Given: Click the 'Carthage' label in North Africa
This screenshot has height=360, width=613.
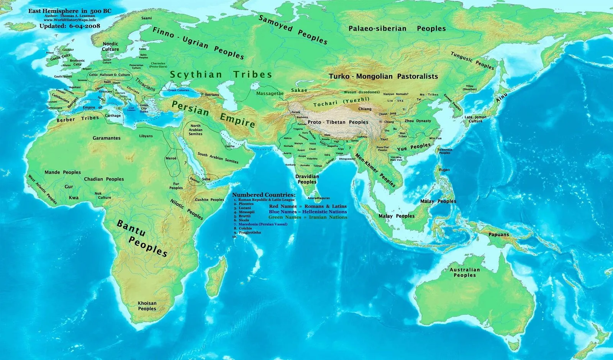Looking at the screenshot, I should tap(113, 115).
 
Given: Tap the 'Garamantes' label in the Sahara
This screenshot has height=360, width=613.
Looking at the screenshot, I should tap(107, 138).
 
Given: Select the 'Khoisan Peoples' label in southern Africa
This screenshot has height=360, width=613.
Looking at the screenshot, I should tap(147, 306).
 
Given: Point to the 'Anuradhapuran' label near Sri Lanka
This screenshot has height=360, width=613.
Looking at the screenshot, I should tap(318, 198).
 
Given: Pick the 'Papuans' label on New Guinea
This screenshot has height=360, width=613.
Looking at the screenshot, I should tap(498, 234).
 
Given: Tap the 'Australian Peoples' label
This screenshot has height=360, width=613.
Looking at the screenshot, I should tap(464, 272).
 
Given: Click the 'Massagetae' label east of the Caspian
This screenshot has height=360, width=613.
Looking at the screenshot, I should tap(270, 93).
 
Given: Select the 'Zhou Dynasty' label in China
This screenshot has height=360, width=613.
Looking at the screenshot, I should tap(418, 121).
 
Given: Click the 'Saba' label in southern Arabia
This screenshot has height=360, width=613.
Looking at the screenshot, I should tap(206, 179).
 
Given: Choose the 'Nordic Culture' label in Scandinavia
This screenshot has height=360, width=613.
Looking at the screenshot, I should tap(110, 46).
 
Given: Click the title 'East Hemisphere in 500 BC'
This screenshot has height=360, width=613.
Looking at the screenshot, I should tap(70, 11).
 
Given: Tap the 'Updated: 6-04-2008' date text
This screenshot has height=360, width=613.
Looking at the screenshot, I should tap(70, 26).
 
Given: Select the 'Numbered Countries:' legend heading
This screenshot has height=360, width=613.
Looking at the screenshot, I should tap(264, 195).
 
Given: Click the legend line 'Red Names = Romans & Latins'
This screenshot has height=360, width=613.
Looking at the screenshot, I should tap(308, 206).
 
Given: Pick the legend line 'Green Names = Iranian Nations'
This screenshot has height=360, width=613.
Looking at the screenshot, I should tap(308, 217).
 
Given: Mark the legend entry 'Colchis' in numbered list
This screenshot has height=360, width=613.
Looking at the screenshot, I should tap(245, 228).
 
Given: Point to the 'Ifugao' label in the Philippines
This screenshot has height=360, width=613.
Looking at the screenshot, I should tap(444, 169).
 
